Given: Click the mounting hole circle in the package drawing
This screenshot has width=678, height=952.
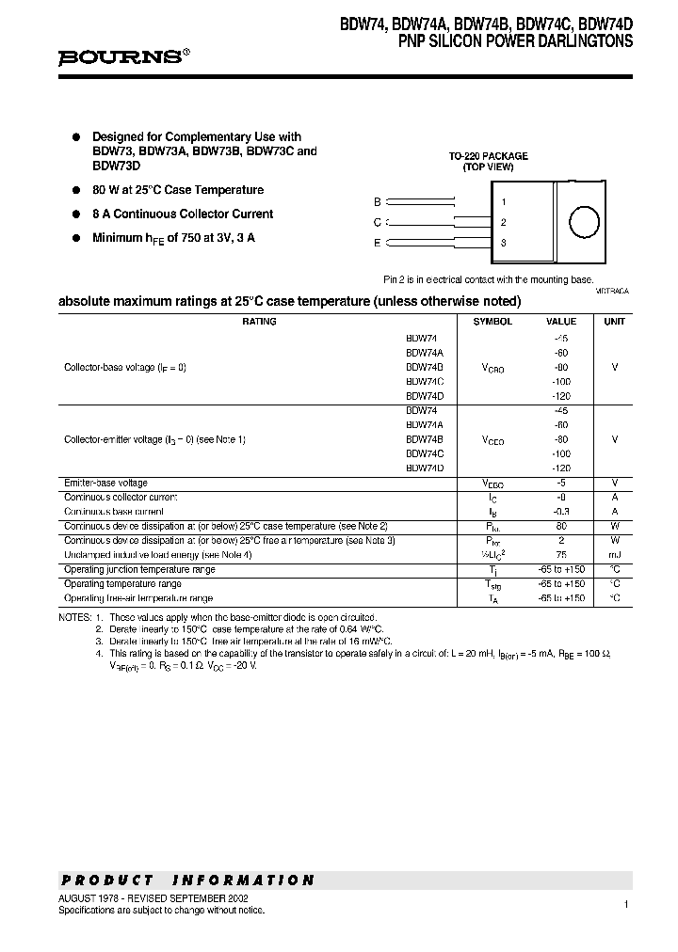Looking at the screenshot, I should point(584,223).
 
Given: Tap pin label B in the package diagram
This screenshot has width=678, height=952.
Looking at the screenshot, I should point(378,202).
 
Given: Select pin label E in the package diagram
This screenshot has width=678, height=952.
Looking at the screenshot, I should point(378,244).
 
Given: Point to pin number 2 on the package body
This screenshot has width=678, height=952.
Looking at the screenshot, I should point(504,223).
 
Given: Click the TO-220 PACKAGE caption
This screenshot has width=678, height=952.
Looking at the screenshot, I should point(488,156).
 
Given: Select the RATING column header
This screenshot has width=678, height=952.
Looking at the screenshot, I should point(259,322).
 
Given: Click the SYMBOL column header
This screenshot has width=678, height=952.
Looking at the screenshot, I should point(492,322).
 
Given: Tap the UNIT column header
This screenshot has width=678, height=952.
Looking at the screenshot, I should point(614,322).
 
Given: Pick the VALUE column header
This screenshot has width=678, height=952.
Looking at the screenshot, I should point(561,322).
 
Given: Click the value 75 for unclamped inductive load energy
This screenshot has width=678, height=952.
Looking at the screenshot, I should point(561,555).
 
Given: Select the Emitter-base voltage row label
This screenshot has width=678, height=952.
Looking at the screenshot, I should point(105,483).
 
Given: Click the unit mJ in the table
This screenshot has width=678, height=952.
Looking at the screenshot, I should point(614,555).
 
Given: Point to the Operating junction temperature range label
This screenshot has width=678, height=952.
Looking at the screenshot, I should point(139,570).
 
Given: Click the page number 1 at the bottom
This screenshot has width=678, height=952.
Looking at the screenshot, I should point(625,904).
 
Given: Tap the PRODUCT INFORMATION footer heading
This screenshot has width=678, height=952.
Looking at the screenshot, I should point(187,881).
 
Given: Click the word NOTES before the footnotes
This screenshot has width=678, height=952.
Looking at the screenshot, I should point(74,617).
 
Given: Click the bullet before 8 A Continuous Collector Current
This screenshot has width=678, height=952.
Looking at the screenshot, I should point(78,214).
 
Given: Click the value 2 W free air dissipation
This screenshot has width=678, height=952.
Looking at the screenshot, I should point(561,541).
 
